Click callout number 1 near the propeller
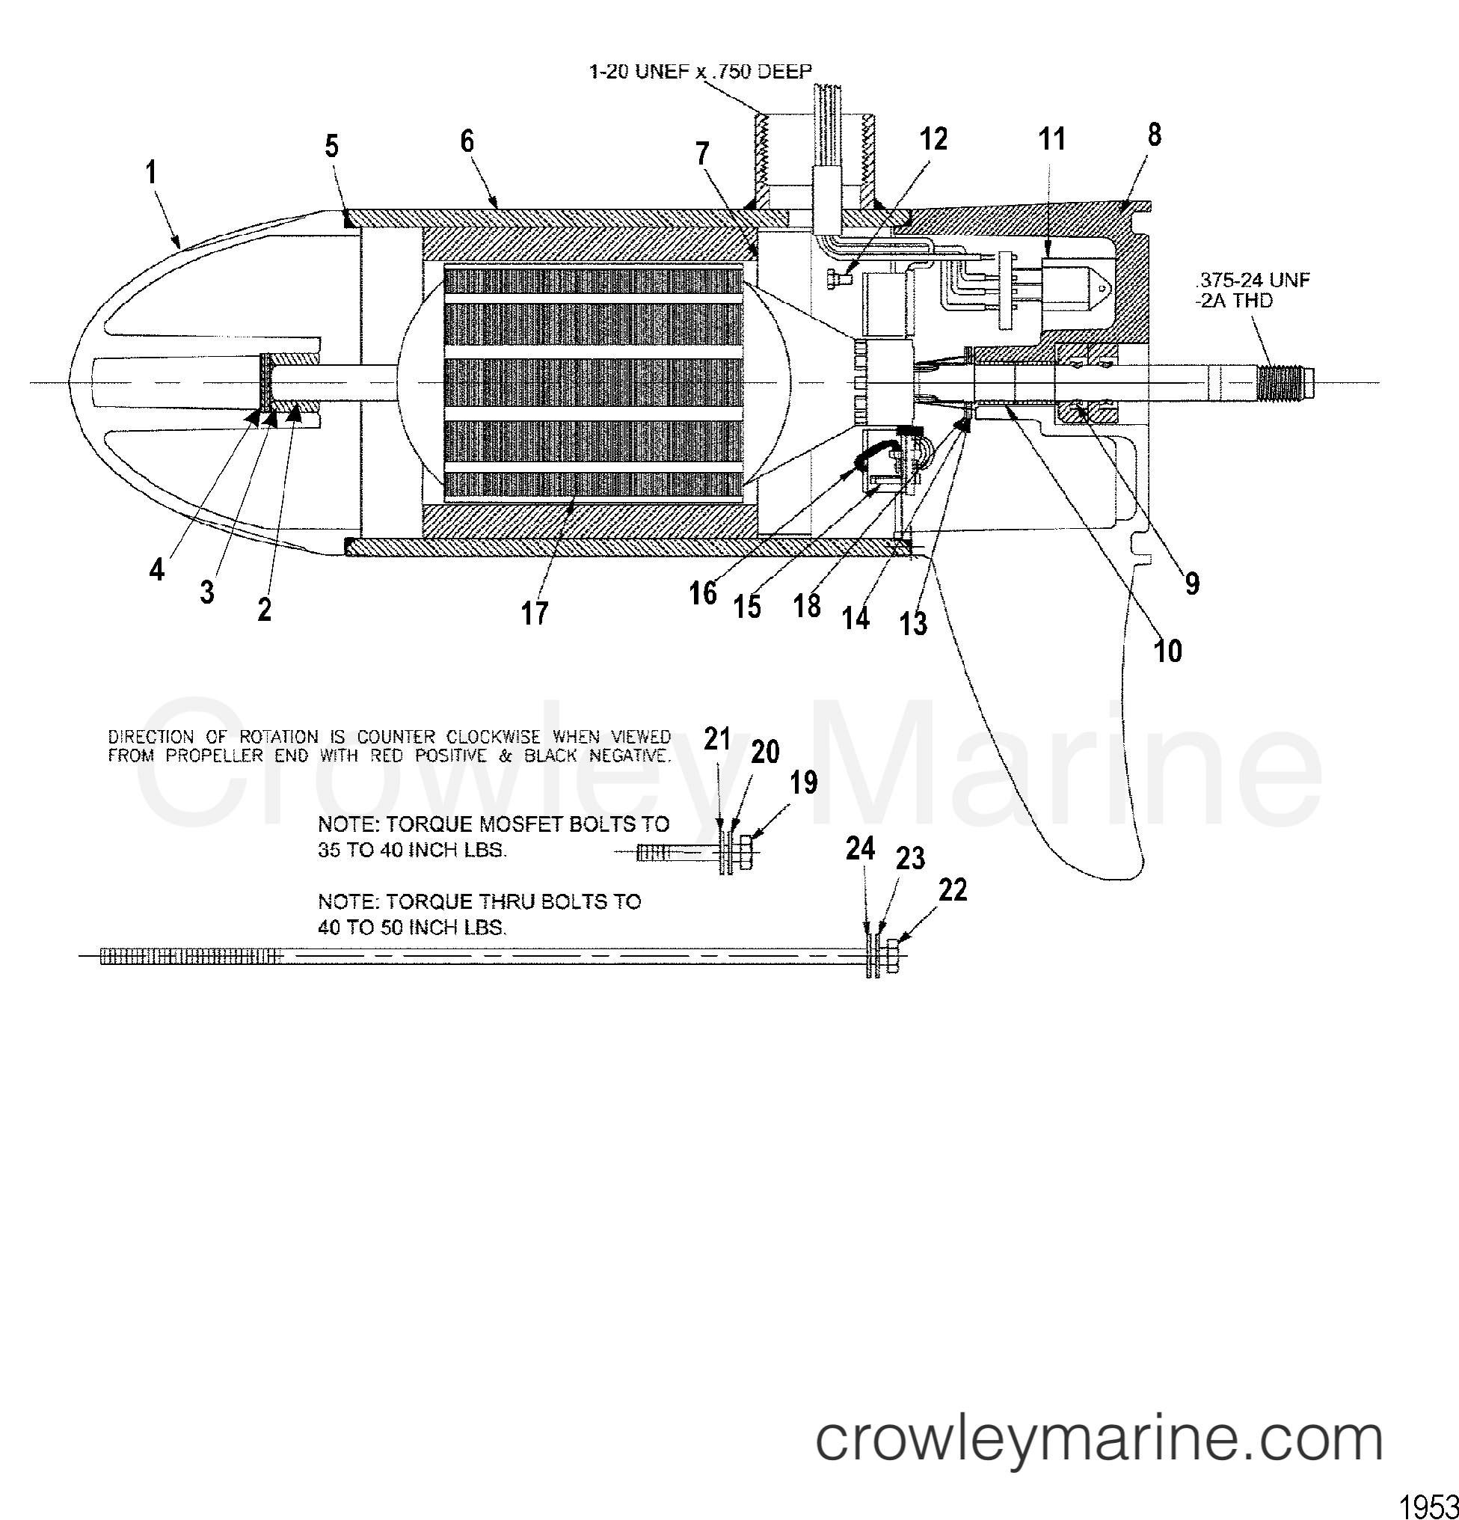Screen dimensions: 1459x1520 [x=153, y=172]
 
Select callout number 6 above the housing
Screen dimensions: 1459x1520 [x=467, y=141]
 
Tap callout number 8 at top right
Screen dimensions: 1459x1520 [x=1155, y=135]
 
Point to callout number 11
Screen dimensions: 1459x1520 [x=1052, y=139]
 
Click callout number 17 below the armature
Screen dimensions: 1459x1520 [x=535, y=613]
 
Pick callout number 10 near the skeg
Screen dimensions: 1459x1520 [x=1168, y=652]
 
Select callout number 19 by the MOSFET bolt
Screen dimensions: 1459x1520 [x=804, y=783]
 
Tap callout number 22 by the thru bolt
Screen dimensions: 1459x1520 [x=953, y=890]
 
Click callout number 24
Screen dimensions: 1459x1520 [x=861, y=849]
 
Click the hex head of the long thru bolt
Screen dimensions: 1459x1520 [x=891, y=956]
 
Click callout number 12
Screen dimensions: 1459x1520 [x=933, y=140]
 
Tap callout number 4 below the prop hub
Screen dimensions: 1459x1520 [x=157, y=570]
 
